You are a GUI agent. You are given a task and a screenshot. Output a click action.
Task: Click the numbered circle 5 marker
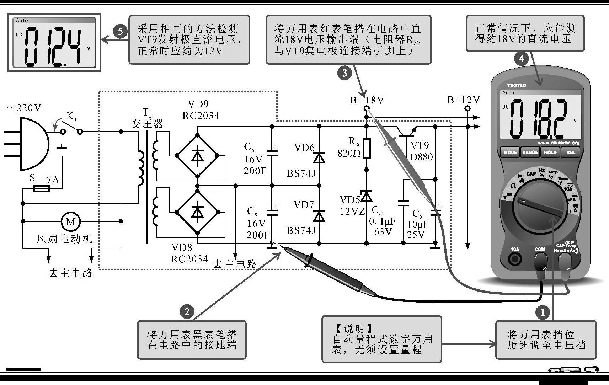(x=121, y=31)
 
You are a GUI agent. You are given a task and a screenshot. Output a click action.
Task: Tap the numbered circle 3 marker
(x=344, y=74)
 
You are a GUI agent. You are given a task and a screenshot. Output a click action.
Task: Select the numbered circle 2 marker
(x=187, y=312)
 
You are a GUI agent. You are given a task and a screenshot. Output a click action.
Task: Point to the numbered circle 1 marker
(x=543, y=312)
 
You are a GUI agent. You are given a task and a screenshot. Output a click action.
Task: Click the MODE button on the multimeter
(x=510, y=153)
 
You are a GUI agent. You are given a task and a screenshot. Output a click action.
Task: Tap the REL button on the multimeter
(x=570, y=153)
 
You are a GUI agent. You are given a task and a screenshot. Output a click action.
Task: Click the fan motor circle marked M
(x=71, y=221)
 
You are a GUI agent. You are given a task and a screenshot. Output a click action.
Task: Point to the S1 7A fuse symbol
(x=41, y=189)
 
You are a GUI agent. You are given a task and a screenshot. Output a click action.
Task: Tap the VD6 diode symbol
(x=319, y=157)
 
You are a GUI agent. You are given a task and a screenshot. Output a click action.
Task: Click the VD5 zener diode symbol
(x=367, y=196)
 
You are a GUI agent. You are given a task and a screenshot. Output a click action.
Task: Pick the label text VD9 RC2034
(x=201, y=110)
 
